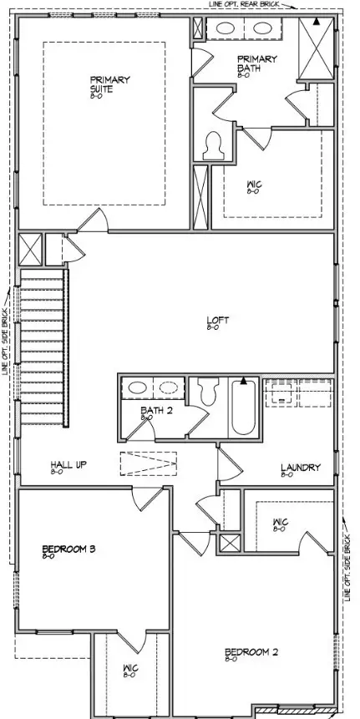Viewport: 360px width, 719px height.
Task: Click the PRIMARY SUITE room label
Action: tap(110, 84)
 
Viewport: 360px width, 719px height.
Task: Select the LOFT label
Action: tap(218, 320)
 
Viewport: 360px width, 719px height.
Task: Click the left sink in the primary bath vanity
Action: tap(226, 28)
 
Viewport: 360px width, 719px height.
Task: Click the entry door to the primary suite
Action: tap(92, 221)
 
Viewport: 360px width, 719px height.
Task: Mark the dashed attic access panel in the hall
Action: tap(149, 464)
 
